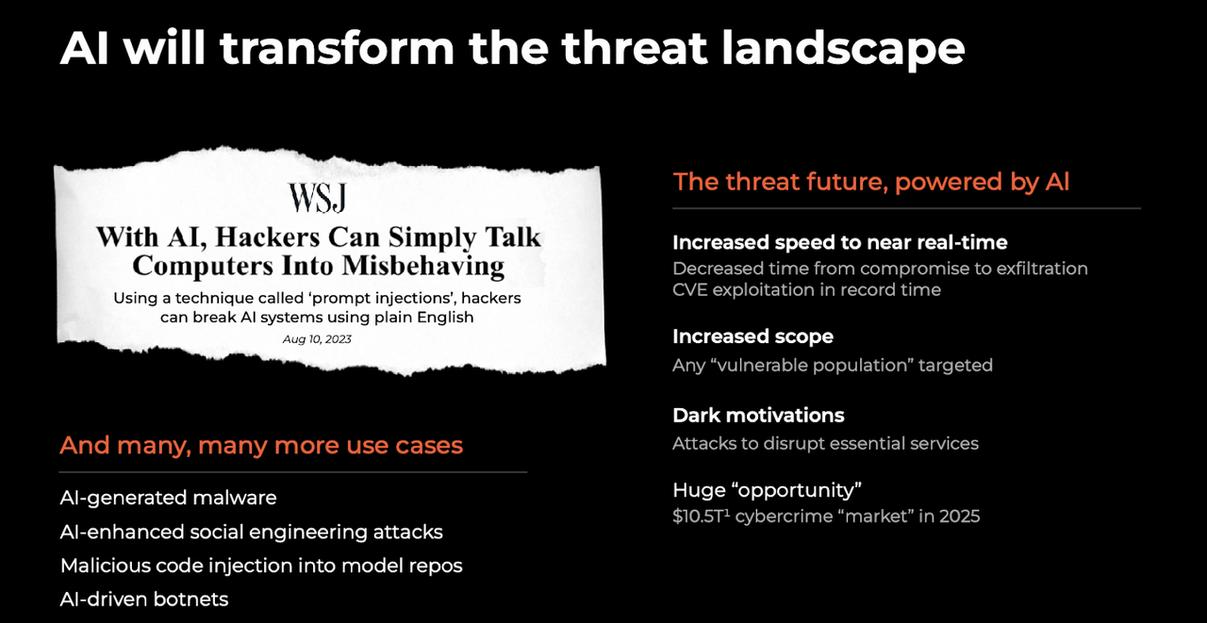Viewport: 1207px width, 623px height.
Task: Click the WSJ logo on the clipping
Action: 317,198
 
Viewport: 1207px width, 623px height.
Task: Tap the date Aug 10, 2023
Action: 317,339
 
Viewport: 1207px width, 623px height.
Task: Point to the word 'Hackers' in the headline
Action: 267,236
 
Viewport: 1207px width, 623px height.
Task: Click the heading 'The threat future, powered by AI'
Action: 871,182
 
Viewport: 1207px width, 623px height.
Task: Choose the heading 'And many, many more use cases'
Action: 261,445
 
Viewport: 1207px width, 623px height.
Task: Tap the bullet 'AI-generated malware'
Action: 168,498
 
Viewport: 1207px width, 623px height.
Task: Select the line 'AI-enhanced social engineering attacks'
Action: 251,532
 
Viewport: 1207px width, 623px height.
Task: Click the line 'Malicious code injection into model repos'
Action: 261,566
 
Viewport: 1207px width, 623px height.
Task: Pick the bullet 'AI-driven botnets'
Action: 144,599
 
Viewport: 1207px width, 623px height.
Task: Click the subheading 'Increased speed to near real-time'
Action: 840,242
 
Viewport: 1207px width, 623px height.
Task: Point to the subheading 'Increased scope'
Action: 752,336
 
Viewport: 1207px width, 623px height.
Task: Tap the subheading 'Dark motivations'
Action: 758,416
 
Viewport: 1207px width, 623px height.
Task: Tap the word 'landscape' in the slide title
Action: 843,48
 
